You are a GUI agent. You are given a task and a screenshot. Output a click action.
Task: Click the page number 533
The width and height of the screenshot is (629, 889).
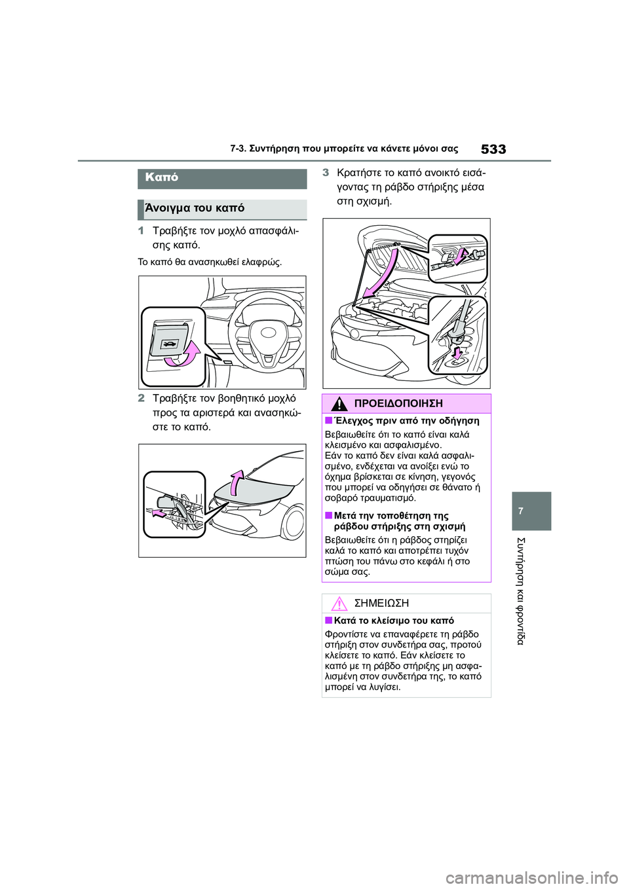pos(493,149)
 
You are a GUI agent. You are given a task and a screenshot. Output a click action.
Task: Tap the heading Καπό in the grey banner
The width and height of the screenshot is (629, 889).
pos(162,177)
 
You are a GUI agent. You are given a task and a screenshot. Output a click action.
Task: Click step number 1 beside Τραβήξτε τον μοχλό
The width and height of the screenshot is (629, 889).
pos(141,231)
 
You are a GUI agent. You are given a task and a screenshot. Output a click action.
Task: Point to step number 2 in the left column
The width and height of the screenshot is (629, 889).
pos(141,398)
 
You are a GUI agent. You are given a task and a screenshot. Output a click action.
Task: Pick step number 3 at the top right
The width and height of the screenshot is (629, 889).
pos(326,173)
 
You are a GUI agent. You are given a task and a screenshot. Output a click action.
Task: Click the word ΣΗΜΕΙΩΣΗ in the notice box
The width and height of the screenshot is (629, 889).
pos(381,604)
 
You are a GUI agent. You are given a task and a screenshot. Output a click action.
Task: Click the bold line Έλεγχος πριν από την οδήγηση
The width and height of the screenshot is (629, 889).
pos(406,421)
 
